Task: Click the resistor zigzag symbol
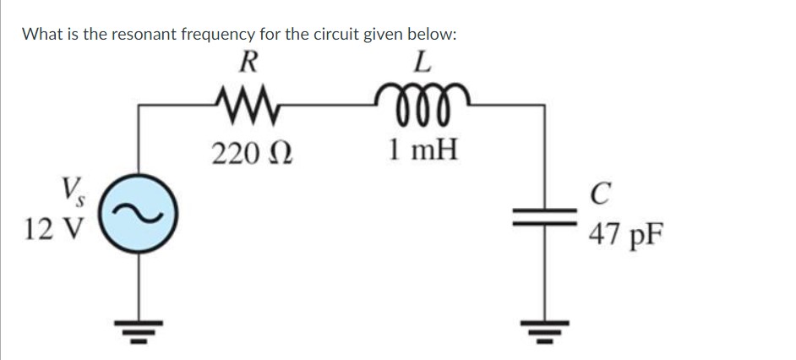pyautogui.click(x=247, y=106)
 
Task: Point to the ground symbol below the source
pyautogui.click(x=137, y=333)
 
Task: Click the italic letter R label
pyautogui.click(x=248, y=63)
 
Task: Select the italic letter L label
pyautogui.click(x=423, y=63)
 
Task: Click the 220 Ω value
pyautogui.click(x=251, y=153)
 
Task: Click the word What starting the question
pyautogui.click(x=41, y=35)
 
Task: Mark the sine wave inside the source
pyautogui.click(x=137, y=216)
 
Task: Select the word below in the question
pyautogui.click(x=432, y=35)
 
